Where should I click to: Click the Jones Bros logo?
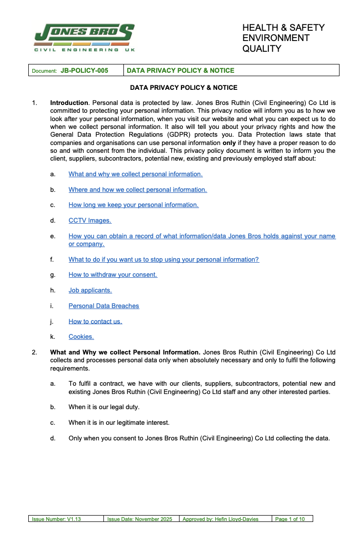(x=84, y=37)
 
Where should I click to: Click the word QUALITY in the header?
(x=262, y=48)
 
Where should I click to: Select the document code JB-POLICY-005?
(x=84, y=71)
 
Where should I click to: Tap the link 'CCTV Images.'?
(x=90, y=221)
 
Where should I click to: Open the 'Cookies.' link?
(x=81, y=337)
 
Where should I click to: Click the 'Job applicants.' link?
(x=90, y=291)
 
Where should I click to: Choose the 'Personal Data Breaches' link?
(x=103, y=306)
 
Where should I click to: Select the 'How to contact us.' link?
(x=95, y=322)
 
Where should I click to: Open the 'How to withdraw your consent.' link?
(x=113, y=275)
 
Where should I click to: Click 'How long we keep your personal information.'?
(x=133, y=205)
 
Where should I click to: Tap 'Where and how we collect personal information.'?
(x=138, y=189)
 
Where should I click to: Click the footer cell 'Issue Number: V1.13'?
(x=56, y=519)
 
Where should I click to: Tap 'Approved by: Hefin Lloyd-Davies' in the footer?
(x=220, y=519)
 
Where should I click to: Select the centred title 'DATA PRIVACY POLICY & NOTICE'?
(x=183, y=88)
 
